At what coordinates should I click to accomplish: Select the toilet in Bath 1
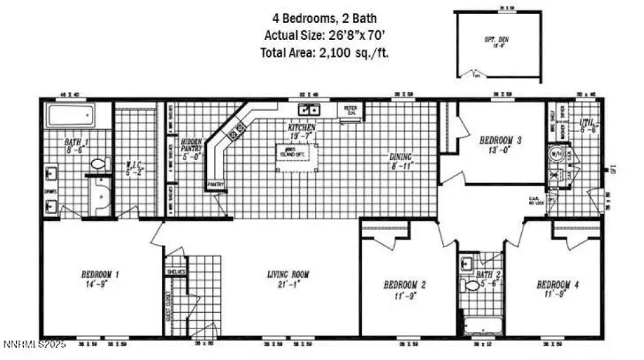point(98,165)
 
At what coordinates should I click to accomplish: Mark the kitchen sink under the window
point(310,109)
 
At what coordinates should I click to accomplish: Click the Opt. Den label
point(497,42)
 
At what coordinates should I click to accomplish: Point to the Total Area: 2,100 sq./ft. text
point(326,53)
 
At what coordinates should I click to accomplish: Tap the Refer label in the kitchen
point(350,110)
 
